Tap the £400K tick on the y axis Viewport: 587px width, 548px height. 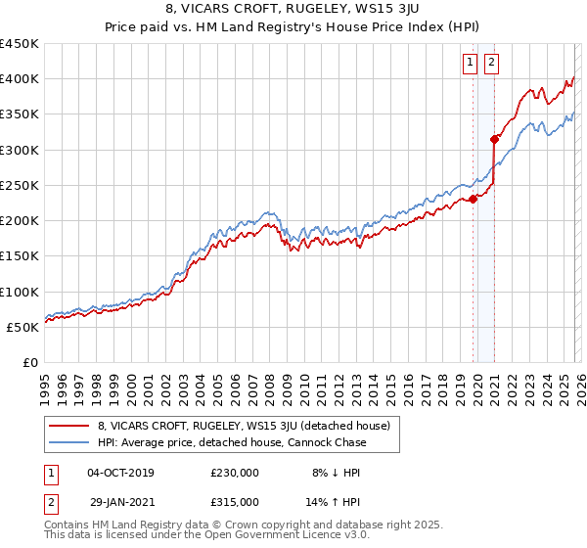coord(20,79)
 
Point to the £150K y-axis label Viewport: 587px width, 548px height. coord(20,256)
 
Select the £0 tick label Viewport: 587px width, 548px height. coord(30,363)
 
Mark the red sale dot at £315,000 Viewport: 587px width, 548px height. coord(495,139)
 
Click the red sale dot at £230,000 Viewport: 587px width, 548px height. coord(473,199)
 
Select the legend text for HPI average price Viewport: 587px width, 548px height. coord(231,442)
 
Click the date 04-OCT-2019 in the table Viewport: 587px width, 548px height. coord(120,473)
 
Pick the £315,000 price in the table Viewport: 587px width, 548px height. coord(235,501)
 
